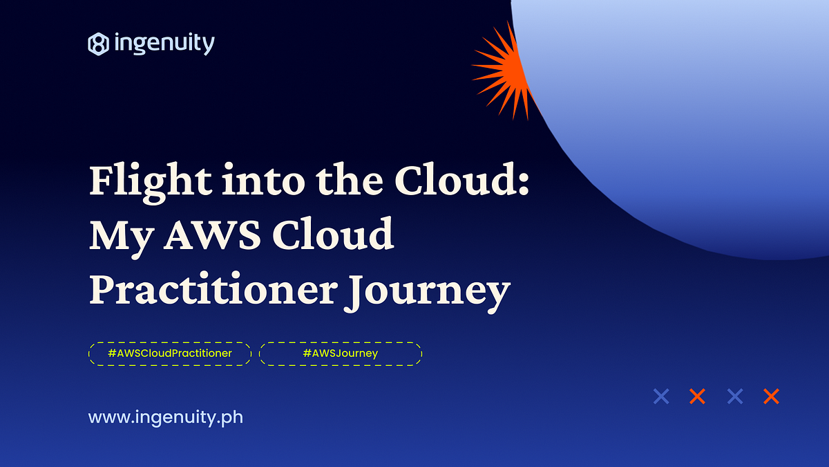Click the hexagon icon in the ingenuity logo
pyautogui.click(x=98, y=44)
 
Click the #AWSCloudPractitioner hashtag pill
pyautogui.click(x=169, y=354)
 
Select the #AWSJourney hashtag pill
pyautogui.click(x=340, y=354)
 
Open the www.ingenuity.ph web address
pyautogui.click(x=165, y=418)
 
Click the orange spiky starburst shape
pyautogui.click(x=501, y=66)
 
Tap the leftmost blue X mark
pyautogui.click(x=661, y=396)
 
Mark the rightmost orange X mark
pyautogui.click(x=771, y=396)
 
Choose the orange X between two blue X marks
pyautogui.click(x=698, y=396)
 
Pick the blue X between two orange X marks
pyautogui.click(x=734, y=396)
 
